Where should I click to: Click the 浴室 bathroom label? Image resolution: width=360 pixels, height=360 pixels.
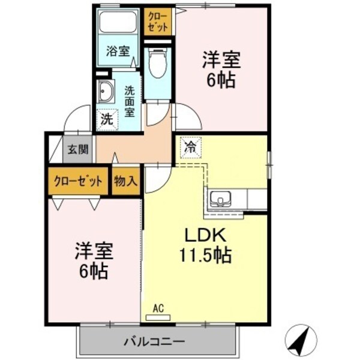(x=118, y=51)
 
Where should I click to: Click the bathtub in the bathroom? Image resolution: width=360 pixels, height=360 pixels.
(x=119, y=22)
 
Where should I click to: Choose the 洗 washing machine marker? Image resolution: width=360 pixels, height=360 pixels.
(x=106, y=119)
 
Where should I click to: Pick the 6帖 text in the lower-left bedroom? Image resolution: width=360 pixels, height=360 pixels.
(x=94, y=271)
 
